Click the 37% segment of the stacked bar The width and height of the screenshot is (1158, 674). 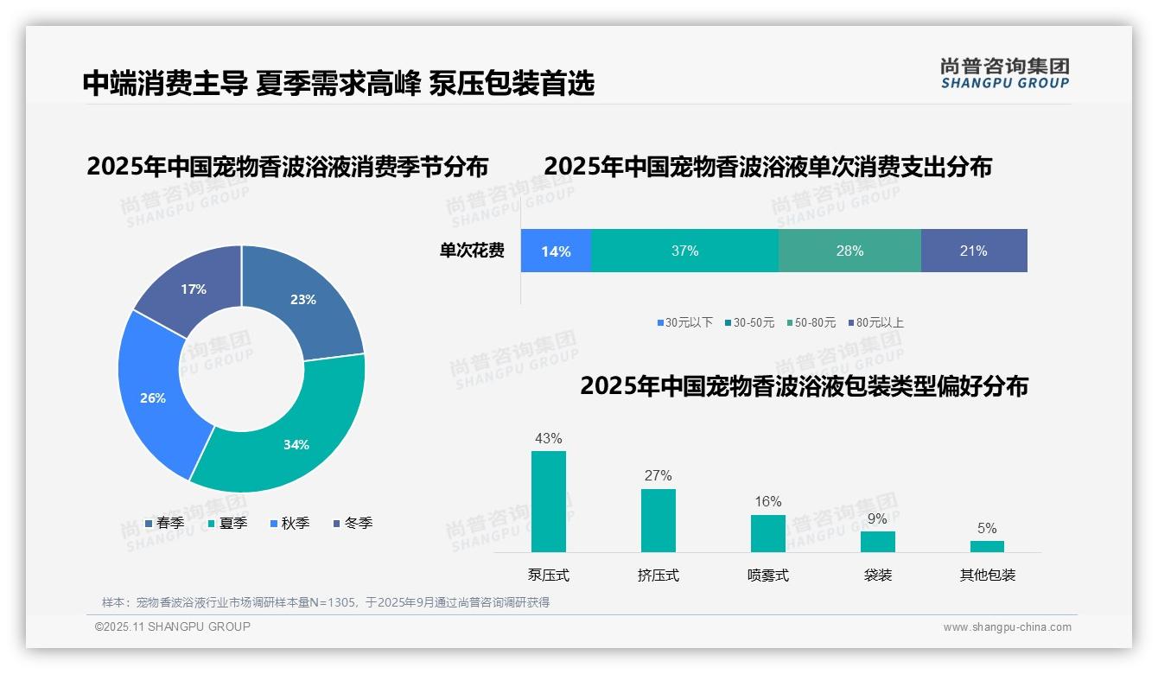tap(684, 251)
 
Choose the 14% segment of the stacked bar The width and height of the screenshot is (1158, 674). tap(556, 251)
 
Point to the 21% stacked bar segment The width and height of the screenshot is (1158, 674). tap(974, 251)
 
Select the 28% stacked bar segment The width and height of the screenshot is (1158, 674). tap(849, 251)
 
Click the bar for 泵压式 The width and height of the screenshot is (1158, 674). tap(549, 501)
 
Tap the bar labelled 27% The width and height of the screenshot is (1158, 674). tap(659, 520)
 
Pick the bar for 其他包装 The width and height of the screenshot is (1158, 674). tap(987, 546)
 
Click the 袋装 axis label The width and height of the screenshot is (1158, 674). tap(878, 575)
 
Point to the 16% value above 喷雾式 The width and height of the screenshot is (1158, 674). tap(767, 501)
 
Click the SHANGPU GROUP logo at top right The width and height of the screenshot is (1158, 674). tap(1004, 73)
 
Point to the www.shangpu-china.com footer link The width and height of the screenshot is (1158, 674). tap(1007, 626)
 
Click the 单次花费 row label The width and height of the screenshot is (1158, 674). tap(472, 251)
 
